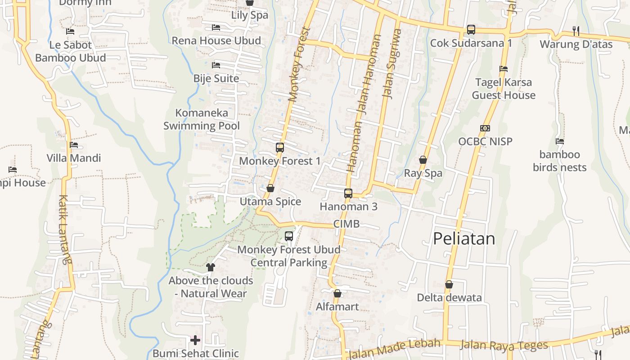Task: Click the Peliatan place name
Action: coord(464,238)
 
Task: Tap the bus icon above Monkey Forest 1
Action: coord(280,148)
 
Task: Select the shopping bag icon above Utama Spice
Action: coord(270,188)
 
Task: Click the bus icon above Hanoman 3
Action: coord(348,193)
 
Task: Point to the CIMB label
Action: coord(346,224)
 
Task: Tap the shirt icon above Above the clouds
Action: coord(210,267)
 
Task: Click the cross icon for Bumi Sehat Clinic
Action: coord(195,340)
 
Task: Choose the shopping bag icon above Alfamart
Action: coord(337,293)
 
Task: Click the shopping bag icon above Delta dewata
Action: coord(449,284)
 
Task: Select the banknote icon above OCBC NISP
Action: coord(485,128)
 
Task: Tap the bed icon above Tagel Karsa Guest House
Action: coord(504,69)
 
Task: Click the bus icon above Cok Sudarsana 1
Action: coord(471,30)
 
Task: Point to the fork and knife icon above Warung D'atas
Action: coord(576,31)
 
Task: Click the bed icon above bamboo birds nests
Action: coord(560,141)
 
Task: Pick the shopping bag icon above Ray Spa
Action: coord(423,160)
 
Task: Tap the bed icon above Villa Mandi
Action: coord(74,145)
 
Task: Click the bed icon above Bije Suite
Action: coord(216,65)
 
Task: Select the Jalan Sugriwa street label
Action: coord(391,63)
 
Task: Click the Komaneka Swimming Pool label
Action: coord(202,119)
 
